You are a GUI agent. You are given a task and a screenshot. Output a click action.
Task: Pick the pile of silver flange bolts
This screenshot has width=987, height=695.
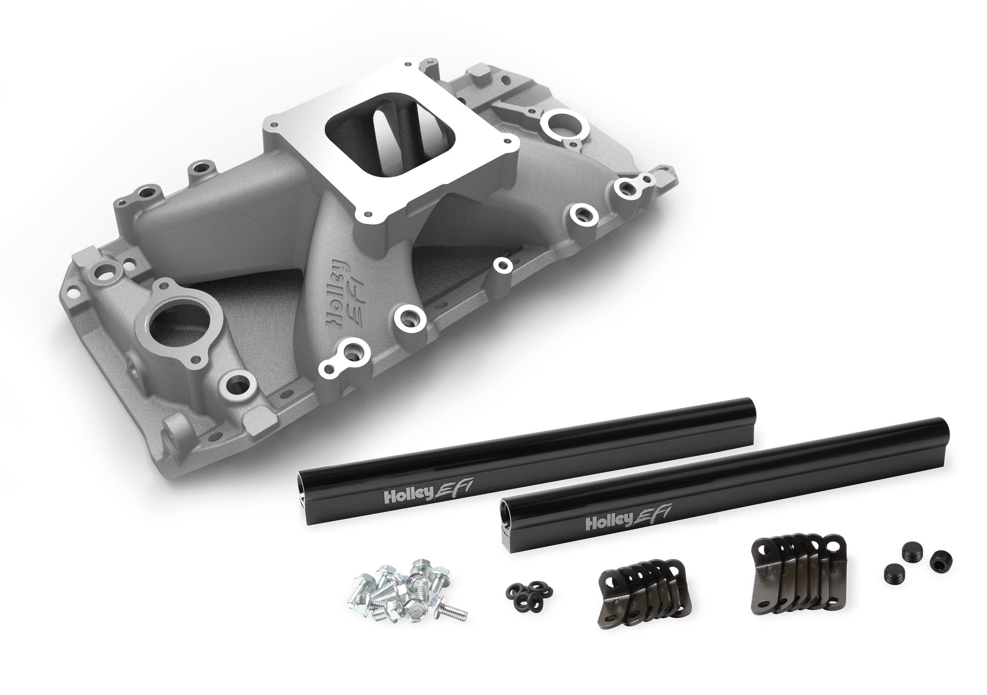[x=405, y=594]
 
